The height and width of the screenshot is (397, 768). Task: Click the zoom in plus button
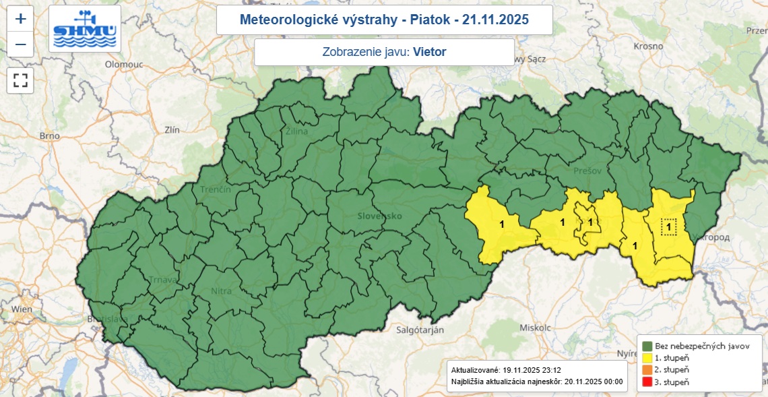21,19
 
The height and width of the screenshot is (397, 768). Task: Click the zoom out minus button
21,45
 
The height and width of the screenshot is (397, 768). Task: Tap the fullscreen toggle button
21,81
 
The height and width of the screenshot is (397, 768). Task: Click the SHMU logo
86,29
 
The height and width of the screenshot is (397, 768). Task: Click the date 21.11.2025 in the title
492,20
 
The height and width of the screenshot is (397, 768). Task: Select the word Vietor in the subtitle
430,52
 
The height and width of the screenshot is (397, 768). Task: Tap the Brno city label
50,135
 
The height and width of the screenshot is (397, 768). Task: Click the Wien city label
22,309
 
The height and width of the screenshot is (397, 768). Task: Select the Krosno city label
649,47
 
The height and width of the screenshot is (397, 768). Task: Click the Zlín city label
172,130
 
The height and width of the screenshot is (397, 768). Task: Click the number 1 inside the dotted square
669,227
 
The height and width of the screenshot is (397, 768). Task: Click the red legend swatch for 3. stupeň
646,382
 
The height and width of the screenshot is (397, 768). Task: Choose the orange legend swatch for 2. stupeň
646,370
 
